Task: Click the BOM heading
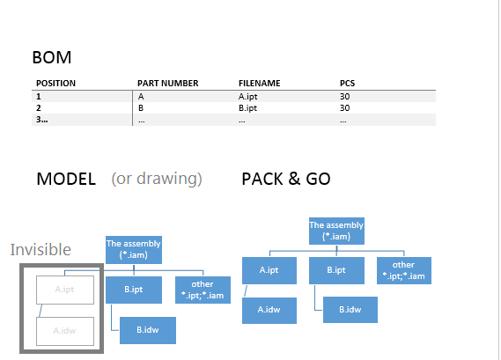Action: tap(52, 58)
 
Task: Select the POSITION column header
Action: tap(55, 84)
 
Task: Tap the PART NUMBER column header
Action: tap(168, 84)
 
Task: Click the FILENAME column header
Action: tap(259, 84)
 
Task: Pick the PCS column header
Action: tap(348, 84)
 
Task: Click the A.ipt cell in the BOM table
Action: tap(248, 96)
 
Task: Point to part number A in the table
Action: tap(142, 96)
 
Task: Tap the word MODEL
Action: tap(66, 179)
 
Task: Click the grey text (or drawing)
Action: tap(157, 179)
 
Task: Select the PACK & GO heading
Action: tap(286, 179)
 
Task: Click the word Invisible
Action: tap(41, 249)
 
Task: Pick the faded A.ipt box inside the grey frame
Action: tap(64, 288)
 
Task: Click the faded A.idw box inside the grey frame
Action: tap(64, 331)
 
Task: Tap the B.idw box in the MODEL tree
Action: tap(147, 330)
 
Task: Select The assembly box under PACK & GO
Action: tap(336, 231)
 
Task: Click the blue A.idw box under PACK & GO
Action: tap(268, 308)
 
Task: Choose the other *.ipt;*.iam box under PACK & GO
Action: tap(403, 270)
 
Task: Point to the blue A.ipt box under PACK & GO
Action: tap(268, 270)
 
